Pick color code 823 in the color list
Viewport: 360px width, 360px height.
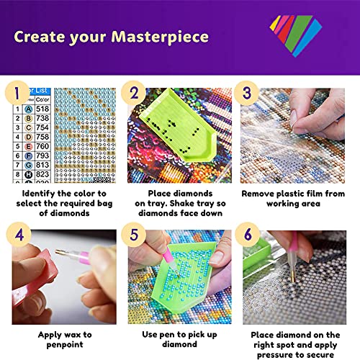click(42, 174)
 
